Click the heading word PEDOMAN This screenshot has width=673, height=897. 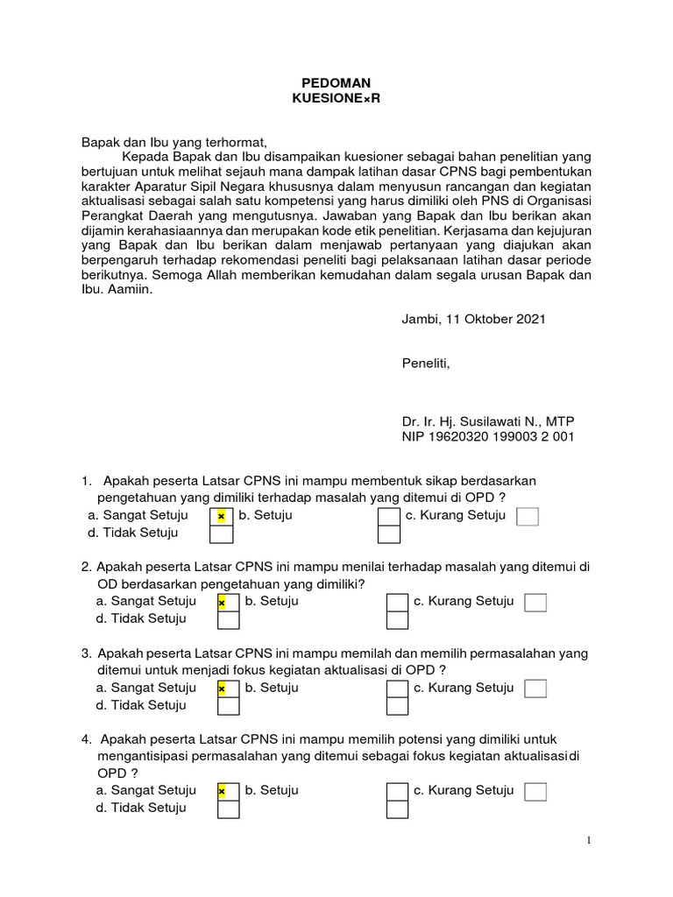point(336,81)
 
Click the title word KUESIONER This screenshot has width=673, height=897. point(336,98)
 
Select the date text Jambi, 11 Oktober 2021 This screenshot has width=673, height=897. point(473,319)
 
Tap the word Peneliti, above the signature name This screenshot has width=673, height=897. point(425,364)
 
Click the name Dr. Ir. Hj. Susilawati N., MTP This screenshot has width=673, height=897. point(488,421)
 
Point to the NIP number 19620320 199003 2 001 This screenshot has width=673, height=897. point(488,437)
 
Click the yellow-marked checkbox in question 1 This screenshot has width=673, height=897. point(221,517)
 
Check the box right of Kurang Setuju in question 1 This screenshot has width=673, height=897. point(528,517)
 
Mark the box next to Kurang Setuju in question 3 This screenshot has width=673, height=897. point(535,689)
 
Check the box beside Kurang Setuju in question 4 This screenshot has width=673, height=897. point(535,792)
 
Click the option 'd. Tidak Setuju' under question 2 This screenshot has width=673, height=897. point(141,618)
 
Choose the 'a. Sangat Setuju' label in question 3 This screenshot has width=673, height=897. point(146,688)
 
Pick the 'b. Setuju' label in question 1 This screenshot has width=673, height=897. point(266,515)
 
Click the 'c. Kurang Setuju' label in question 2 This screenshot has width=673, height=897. point(464,601)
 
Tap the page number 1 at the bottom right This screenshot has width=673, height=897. point(590,841)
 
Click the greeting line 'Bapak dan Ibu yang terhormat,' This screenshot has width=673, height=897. point(173,140)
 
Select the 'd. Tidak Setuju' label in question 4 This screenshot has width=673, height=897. point(141,808)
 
